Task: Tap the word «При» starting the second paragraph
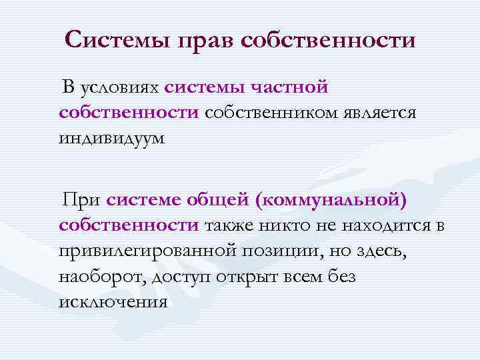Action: point(81,199)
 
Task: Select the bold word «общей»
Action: point(222,199)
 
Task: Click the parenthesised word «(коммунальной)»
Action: point(335,199)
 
